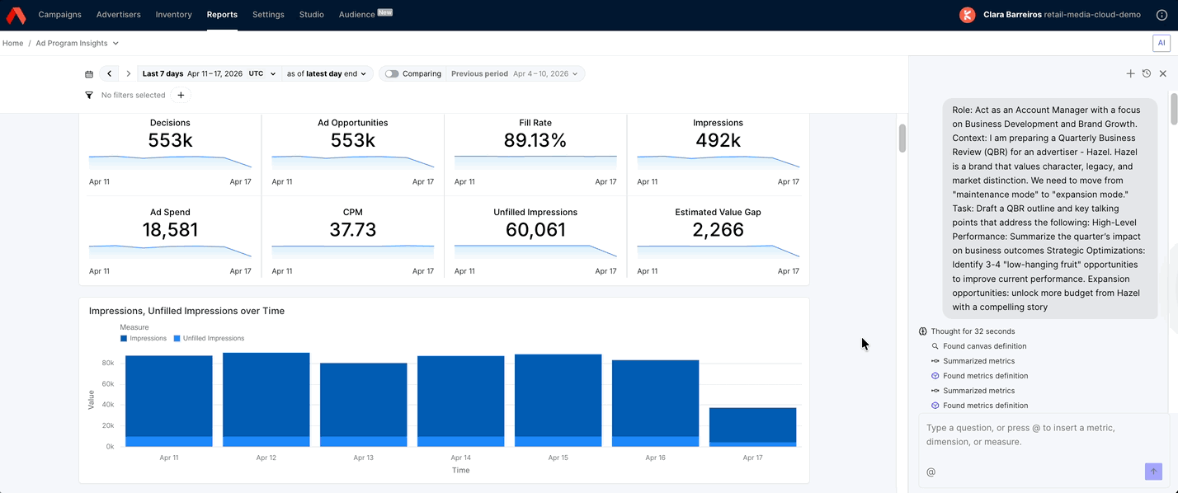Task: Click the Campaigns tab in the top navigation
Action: tap(59, 15)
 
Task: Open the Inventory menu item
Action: tap(173, 15)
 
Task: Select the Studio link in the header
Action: tap(311, 15)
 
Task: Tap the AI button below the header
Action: tap(1162, 43)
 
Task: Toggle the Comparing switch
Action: tap(392, 74)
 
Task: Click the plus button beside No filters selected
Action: tap(181, 96)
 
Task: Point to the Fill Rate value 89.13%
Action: tap(535, 141)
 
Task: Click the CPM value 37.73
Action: tap(352, 230)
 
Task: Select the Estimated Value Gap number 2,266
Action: tap(718, 230)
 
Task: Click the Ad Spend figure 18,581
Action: tap(170, 230)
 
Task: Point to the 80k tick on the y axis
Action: tap(108, 363)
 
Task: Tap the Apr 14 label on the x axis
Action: tap(460, 458)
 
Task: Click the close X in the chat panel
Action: tap(1163, 74)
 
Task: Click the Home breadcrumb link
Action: tap(12, 44)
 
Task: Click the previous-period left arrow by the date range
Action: tap(110, 74)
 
